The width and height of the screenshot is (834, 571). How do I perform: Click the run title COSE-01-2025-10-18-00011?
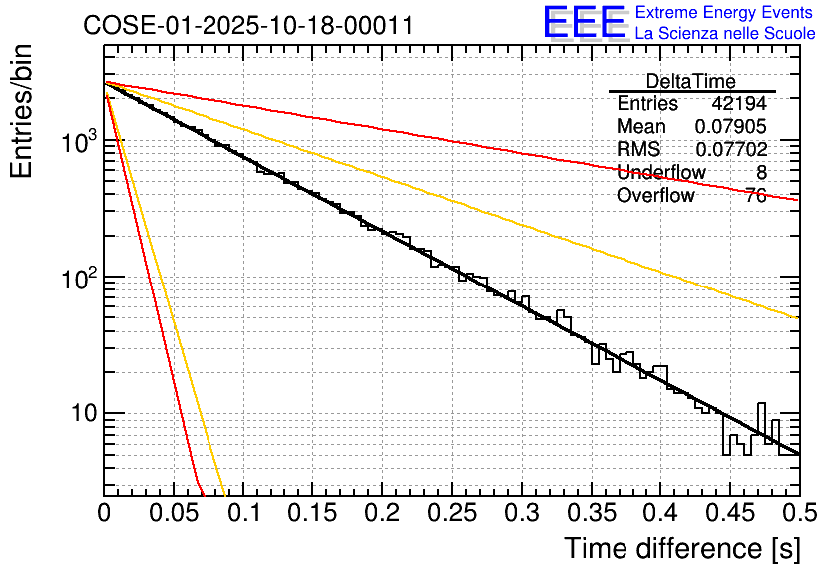[247, 26]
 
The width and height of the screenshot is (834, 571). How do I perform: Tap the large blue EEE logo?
[584, 22]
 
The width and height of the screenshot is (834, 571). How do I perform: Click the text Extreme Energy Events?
[725, 12]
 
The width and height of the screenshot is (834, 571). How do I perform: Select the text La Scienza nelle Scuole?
[725, 33]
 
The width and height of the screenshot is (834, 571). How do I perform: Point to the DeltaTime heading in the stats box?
[690, 81]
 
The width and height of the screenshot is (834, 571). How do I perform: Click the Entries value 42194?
[739, 103]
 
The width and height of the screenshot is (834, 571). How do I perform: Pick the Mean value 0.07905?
[731, 126]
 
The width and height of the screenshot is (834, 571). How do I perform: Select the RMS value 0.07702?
[731, 149]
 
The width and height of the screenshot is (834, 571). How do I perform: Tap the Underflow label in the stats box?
[661, 172]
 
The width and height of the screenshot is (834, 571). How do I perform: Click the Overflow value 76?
[755, 195]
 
